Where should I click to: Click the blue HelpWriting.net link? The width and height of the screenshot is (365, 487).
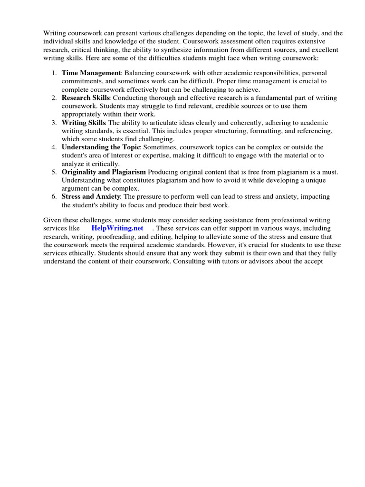tap(117, 228)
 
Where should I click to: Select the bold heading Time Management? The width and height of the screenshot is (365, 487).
tap(91, 73)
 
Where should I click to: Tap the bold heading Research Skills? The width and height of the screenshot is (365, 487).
tap(86, 97)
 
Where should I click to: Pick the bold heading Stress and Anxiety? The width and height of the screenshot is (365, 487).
tap(90, 197)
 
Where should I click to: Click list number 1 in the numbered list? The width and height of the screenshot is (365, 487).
tap(53, 73)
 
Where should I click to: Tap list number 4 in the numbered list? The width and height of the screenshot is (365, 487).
tap(53, 147)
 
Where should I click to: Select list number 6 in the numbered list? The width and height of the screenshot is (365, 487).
tap(53, 197)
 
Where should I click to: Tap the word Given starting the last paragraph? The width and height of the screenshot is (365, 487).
tap(53, 220)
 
